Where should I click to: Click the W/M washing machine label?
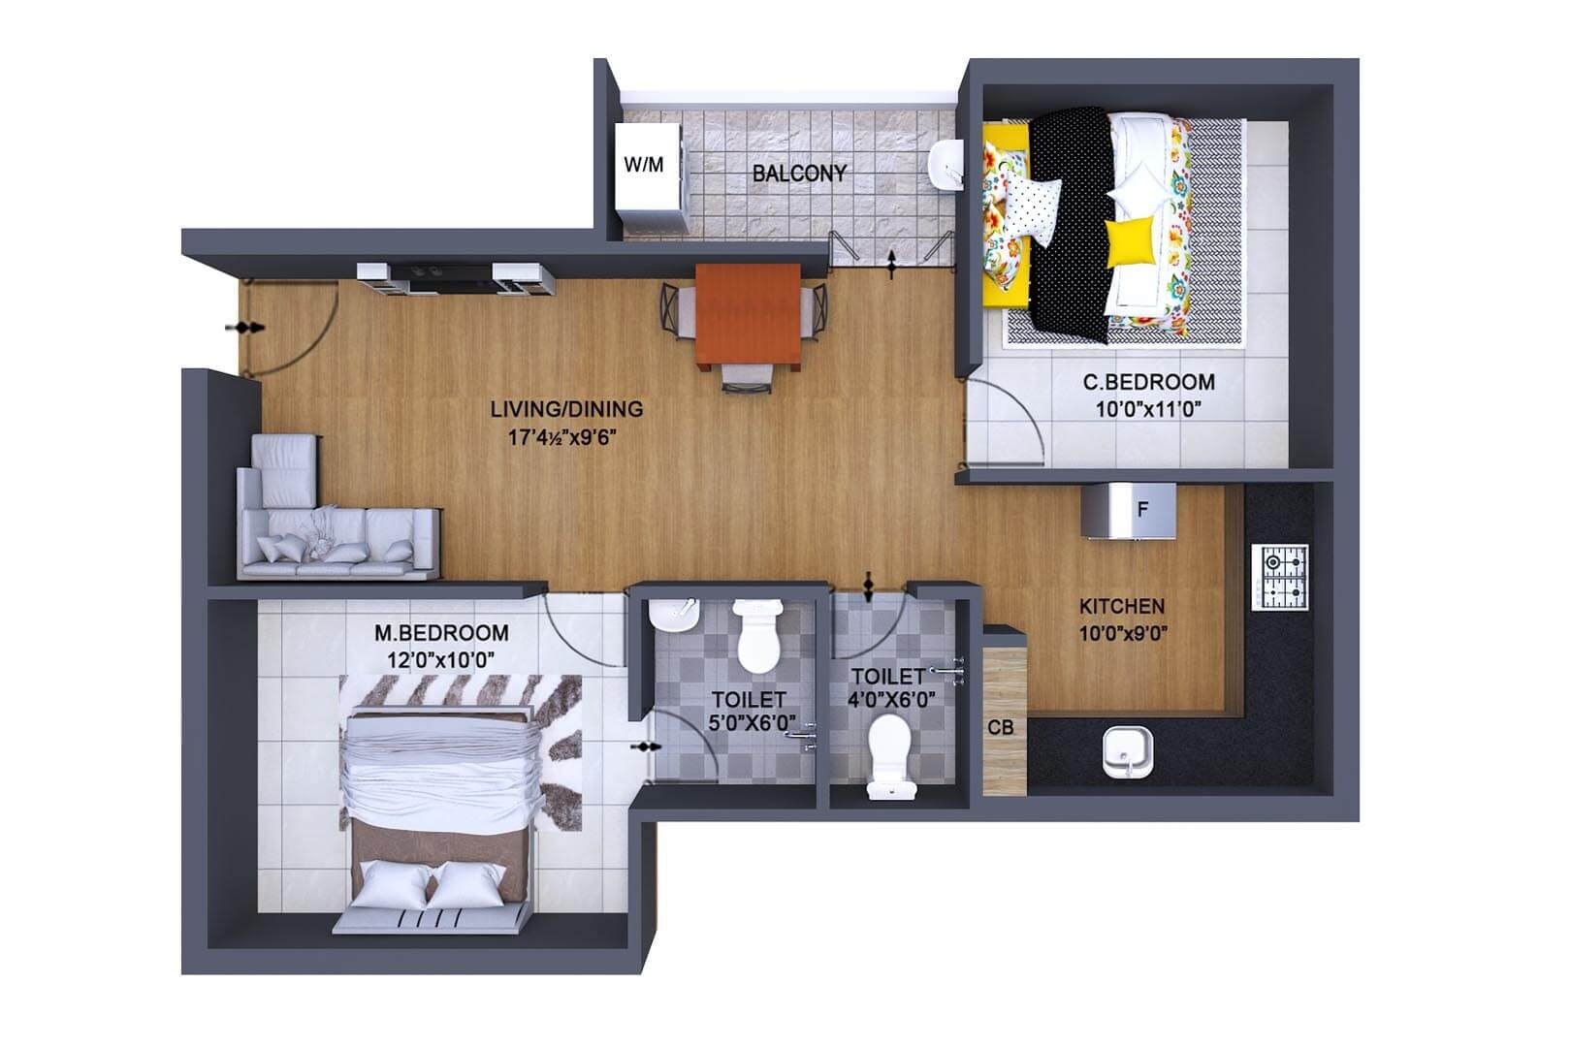pos(644,165)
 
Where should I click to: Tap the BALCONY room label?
pos(799,174)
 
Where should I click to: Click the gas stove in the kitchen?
pos(1280,578)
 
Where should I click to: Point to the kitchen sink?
pos(1128,751)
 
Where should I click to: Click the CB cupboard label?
pos(1001,727)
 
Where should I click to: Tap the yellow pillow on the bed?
pos(1132,239)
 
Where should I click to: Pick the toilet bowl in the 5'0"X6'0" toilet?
pos(757,636)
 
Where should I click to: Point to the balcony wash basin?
pos(946,164)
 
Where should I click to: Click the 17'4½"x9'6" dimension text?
pos(563,437)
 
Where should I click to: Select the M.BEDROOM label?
pos(441,633)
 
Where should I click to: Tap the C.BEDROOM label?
pos(1148,382)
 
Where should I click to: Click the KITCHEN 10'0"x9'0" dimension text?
pos(1123,635)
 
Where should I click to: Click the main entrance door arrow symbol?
pos(244,329)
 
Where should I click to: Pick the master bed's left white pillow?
pos(391,885)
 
